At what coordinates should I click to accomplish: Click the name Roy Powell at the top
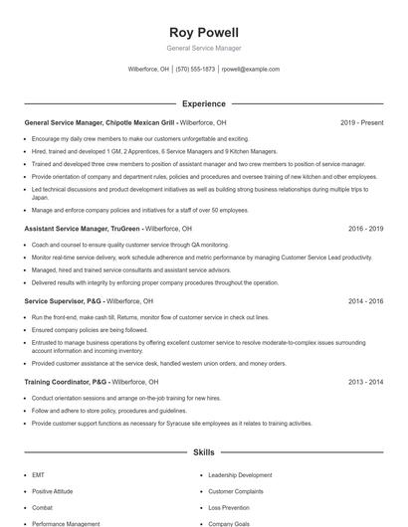(203, 32)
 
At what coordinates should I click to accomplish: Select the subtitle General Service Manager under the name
(203, 48)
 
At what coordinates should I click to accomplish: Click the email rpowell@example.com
(251, 70)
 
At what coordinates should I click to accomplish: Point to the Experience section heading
(203, 103)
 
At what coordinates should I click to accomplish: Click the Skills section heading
(203, 452)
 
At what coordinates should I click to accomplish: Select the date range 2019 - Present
(361, 122)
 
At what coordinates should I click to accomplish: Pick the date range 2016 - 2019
(365, 229)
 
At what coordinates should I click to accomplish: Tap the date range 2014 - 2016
(365, 300)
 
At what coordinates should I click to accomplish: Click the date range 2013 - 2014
(365, 381)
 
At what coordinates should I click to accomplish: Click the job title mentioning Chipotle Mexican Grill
(100, 122)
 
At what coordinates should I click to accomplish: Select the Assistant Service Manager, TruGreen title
(83, 229)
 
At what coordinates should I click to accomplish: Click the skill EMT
(38, 475)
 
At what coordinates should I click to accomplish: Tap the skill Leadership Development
(240, 475)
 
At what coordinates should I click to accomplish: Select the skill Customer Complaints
(237, 491)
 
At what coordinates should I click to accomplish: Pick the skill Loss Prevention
(230, 507)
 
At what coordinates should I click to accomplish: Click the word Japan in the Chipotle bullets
(40, 198)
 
